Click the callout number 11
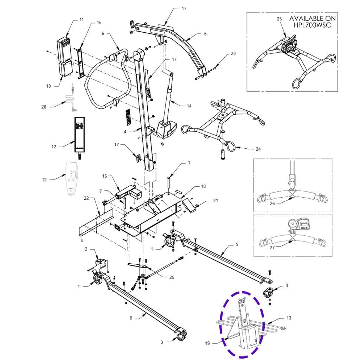pyautogui.click(x=82, y=20)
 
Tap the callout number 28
pyautogui.click(x=44, y=107)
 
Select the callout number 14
pyautogui.click(x=189, y=106)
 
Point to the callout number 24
pyautogui.click(x=258, y=149)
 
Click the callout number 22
pyautogui.click(x=86, y=198)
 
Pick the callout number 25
pyautogui.click(x=172, y=277)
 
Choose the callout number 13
pyautogui.click(x=289, y=318)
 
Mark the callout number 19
pyautogui.click(x=207, y=343)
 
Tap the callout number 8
pyautogui.click(x=131, y=318)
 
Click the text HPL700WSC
pyautogui.click(x=313, y=25)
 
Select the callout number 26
pyautogui.click(x=272, y=203)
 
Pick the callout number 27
pyautogui.click(x=272, y=248)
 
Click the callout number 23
pyautogui.click(x=279, y=19)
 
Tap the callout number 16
pyautogui.click(x=105, y=176)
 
